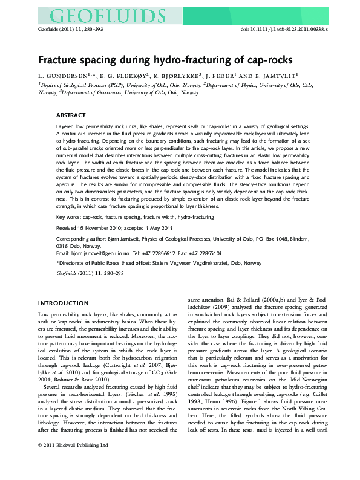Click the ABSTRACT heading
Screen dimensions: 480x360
(x=71, y=114)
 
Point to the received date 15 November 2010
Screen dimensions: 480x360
(x=113, y=229)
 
